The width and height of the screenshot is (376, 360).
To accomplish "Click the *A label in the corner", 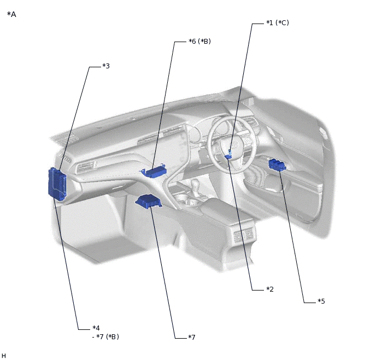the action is coord(11,14).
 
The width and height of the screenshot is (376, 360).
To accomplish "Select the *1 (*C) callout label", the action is coord(278,23).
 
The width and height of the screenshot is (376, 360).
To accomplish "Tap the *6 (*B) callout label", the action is coord(200,41).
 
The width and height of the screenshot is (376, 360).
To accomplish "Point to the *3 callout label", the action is coord(106,66).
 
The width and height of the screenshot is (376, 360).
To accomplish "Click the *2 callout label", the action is coord(270,289).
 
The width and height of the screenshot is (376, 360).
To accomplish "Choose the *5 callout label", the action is coord(321,301).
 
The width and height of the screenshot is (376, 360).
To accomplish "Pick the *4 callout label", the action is coord(96,328).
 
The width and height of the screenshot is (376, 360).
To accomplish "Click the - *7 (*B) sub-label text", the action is coord(105,336).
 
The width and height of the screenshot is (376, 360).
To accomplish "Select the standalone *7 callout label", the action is coord(192,338).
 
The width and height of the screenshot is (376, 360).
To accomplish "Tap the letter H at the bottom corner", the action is coord(3,356).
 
